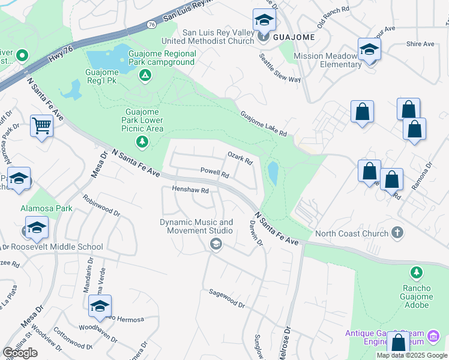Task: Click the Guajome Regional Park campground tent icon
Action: click(144, 75)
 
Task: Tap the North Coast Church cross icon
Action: click(396, 232)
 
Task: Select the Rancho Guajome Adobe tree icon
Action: click(416, 274)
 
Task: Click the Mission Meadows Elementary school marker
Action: click(369, 50)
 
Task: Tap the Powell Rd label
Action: click(215, 173)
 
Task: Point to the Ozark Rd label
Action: click(240, 158)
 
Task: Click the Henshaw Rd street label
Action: click(190, 190)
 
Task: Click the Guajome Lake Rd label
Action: click(264, 123)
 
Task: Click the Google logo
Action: click(20, 353)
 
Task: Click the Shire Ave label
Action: click(420, 44)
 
